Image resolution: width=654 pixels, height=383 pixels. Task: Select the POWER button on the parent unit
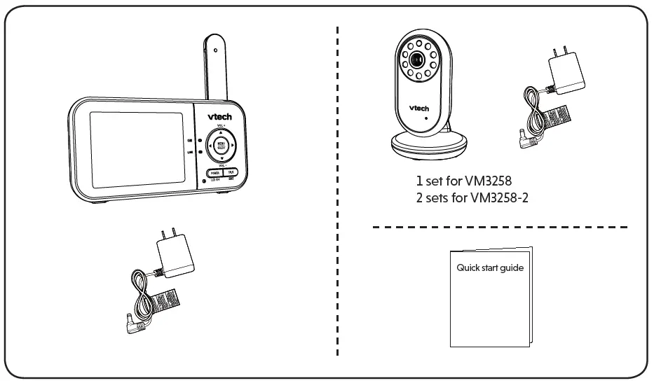tap(214, 172)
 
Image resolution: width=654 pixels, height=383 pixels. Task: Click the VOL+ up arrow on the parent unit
tap(221, 133)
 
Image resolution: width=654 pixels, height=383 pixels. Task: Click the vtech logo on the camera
tap(418, 108)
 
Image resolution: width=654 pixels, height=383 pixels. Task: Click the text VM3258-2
tap(500, 198)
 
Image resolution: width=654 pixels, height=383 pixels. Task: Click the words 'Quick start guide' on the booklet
tap(490, 267)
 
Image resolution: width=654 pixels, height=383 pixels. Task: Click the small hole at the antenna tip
tap(215, 50)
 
